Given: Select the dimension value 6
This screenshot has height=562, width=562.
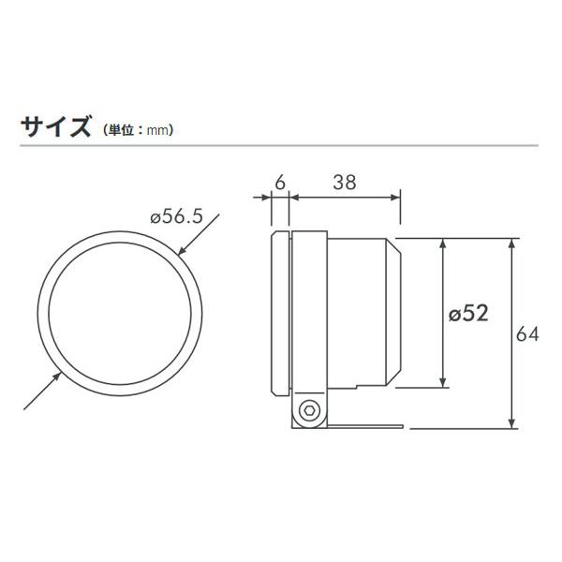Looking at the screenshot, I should pyautogui.click(x=278, y=184).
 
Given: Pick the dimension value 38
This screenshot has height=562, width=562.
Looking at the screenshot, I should pyautogui.click(x=344, y=184).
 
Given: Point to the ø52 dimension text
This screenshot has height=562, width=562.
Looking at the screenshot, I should pyautogui.click(x=469, y=314).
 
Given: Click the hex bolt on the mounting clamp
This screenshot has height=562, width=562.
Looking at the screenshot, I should pyautogui.click(x=308, y=410).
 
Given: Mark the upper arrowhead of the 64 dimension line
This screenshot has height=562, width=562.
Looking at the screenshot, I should pyautogui.click(x=511, y=244).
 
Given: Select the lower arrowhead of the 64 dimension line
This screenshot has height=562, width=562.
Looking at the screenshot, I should pyautogui.click(x=511, y=422).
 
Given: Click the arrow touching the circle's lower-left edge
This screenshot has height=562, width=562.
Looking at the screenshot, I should pyautogui.click(x=57, y=377).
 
